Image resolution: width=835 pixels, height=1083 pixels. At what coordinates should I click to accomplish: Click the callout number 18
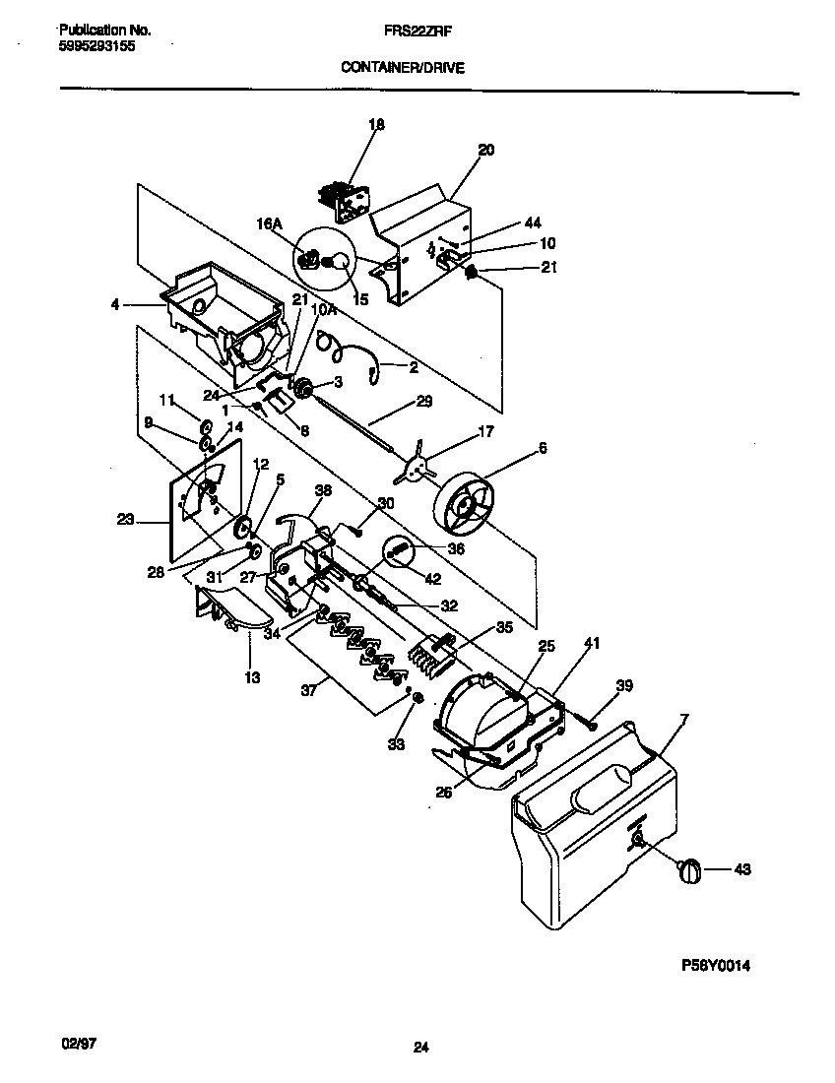(x=376, y=125)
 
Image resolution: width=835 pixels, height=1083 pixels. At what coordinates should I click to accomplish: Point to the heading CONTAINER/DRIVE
(x=403, y=68)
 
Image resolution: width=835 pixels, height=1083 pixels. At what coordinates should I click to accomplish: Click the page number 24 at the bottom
(x=420, y=1049)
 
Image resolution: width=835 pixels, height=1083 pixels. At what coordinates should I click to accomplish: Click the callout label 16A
(x=270, y=224)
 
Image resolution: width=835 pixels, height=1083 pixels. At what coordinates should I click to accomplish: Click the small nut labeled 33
(x=417, y=698)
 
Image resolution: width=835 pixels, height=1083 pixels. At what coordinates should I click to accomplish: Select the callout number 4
(x=115, y=305)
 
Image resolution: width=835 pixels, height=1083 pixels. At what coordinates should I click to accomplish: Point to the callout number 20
(x=485, y=151)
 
